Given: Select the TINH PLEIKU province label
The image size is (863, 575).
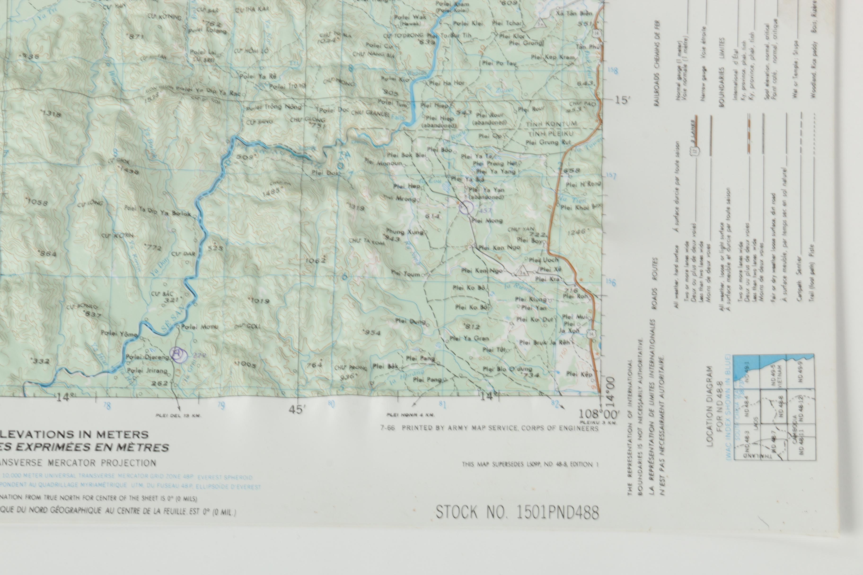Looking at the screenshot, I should coord(550,134).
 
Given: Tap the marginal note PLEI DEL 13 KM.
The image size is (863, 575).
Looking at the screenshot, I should coord(178,415).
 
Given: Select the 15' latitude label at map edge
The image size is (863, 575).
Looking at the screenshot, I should coord(622,100).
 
